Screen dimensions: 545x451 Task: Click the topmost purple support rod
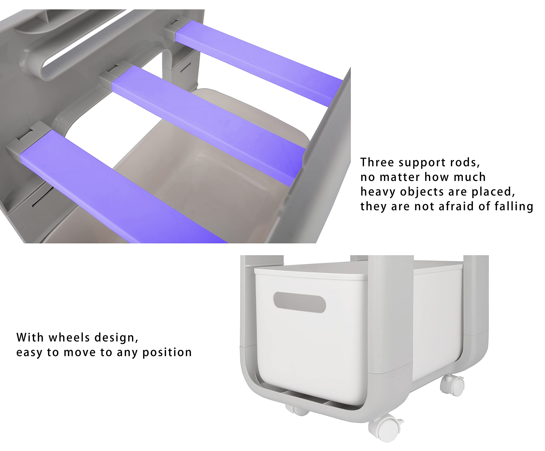tap(258, 63)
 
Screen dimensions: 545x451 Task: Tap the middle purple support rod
tap(208, 125)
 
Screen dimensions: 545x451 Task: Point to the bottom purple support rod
tap(122, 187)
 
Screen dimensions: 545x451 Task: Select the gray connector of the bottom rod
tap(26, 141)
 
